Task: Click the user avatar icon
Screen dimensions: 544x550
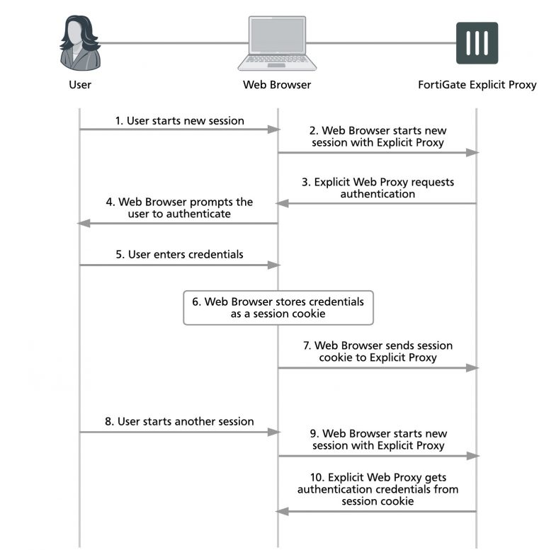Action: click(80, 42)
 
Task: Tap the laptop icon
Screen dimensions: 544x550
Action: click(277, 43)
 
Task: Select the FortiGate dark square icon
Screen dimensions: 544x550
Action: click(477, 43)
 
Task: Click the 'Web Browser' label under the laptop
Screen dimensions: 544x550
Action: click(277, 84)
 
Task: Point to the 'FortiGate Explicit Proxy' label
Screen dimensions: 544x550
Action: click(477, 85)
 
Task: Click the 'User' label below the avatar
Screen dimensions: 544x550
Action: click(80, 84)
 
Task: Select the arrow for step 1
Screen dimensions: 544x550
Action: click(180, 130)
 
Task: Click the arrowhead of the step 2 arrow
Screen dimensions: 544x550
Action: click(472, 153)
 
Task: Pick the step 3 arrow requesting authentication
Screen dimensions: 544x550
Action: click(376, 203)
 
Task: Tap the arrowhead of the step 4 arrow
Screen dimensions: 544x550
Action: click(84, 224)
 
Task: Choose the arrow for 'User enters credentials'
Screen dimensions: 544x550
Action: click(180, 265)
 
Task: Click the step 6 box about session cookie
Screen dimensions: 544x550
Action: click(278, 308)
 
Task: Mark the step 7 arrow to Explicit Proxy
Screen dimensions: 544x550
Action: click(378, 368)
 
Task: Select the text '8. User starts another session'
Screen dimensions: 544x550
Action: click(179, 421)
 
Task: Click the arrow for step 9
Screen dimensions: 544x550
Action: click(378, 456)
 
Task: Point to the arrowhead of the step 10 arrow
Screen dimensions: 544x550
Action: click(282, 511)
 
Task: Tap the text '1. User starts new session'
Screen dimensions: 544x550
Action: click(180, 120)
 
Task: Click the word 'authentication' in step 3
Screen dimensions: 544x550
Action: click(378, 194)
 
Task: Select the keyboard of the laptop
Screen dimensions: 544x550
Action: click(276, 59)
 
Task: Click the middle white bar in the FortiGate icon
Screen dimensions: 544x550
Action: click(477, 43)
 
